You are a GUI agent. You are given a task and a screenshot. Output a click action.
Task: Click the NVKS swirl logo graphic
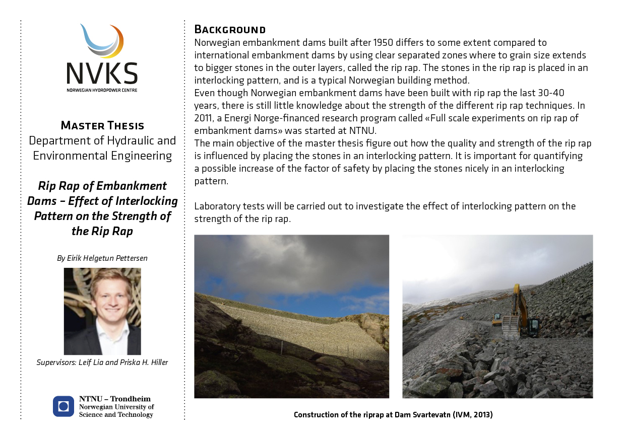102,41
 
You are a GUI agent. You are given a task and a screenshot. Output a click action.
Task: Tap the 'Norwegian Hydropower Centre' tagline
102,90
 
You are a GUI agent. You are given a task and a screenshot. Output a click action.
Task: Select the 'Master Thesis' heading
102,125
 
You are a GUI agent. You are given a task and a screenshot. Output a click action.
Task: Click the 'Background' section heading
230,29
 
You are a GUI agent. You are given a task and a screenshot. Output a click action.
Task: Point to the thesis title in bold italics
102,208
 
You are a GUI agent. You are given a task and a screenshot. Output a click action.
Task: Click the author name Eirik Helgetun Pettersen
102,258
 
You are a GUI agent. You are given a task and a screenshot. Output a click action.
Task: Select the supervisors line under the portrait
102,362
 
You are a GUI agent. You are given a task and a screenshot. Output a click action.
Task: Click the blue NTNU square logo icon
64,406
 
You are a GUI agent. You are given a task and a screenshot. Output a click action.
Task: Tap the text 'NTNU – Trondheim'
115,399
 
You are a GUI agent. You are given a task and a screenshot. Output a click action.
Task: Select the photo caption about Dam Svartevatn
393,415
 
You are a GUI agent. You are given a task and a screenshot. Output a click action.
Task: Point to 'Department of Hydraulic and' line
102,140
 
